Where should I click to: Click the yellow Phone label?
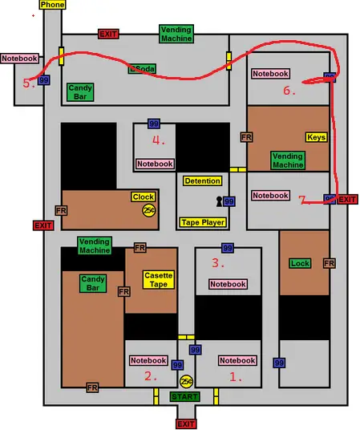pos(52,5)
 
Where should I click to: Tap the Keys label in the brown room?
pos(317,137)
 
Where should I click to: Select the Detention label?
pos(202,181)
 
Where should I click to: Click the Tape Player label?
pos(203,222)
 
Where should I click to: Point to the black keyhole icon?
pos(219,201)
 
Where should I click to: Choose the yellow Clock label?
pos(144,197)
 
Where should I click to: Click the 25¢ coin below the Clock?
pos(149,210)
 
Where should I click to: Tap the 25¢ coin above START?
pos(186,381)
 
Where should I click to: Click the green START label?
pos(184,396)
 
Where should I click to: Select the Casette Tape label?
pos(159,280)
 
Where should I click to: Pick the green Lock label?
pos(300,263)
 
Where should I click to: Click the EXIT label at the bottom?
pos(186,424)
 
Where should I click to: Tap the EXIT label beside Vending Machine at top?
pos(108,34)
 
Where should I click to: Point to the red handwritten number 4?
pos(159,140)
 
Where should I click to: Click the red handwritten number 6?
pos(289,91)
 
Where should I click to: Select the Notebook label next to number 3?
pos(228,284)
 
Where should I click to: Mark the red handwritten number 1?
pos(236,378)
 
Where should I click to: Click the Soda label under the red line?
pos(142,68)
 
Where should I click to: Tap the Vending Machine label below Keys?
pos(288,160)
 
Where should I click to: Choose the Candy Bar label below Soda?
pos(80,92)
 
